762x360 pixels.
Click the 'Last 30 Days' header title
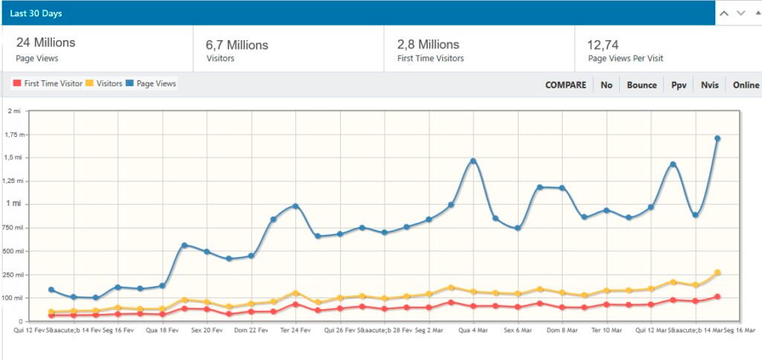[36, 13]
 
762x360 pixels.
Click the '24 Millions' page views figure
[45, 43]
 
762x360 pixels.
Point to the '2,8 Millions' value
[428, 45]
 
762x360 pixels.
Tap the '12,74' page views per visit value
[603, 45]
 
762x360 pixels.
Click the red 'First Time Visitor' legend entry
[48, 84]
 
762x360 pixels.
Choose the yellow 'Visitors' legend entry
[104, 84]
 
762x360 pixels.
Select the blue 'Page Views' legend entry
[151, 84]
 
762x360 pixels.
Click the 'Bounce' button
[641, 85]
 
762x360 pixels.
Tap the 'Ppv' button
[679, 85]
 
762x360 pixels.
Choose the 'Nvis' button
[709, 85]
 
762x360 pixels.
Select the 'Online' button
[746, 85]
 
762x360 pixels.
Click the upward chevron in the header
[724, 13]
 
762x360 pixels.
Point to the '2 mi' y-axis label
[14, 111]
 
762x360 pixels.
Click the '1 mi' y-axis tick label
[13, 204]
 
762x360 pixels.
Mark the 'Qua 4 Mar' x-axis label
[473, 330]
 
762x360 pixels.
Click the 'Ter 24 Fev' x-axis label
[295, 330]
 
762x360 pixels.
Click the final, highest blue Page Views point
[717, 138]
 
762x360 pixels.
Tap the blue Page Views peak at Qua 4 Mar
[473, 161]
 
